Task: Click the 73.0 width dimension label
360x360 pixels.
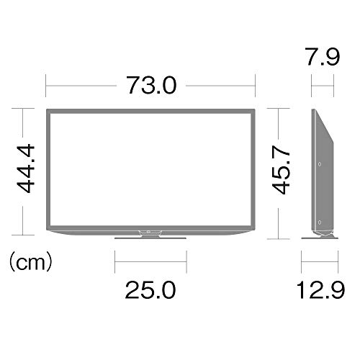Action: click(151, 85)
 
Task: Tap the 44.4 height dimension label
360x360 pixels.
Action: click(25, 168)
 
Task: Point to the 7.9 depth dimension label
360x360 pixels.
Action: click(323, 57)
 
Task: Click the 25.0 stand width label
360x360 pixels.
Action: click(150, 290)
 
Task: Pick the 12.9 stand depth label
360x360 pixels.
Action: click(320, 290)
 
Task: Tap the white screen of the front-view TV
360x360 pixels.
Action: click(150, 169)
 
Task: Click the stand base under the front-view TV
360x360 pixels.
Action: click(150, 238)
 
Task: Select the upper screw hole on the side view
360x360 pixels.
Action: click(320, 164)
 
